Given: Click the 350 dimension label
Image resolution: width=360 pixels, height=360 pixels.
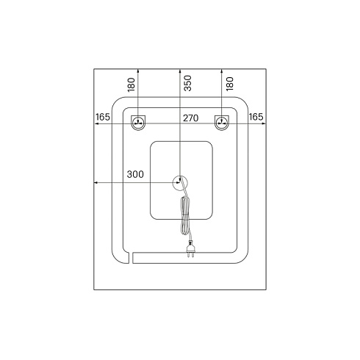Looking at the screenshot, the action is click(x=187, y=83).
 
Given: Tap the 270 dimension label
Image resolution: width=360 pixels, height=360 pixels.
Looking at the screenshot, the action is click(x=191, y=118).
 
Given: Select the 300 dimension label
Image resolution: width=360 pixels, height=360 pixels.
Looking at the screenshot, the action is click(x=135, y=174).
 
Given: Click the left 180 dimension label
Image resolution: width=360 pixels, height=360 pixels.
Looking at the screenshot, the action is click(x=132, y=84).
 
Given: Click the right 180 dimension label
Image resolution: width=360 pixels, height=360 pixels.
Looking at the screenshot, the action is click(x=230, y=84).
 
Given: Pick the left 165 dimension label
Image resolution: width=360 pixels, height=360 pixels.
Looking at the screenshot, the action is click(x=103, y=117).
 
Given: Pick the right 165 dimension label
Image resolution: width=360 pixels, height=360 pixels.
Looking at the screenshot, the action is click(x=256, y=117).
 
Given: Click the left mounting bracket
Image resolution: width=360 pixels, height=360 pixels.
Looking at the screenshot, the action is click(x=138, y=123).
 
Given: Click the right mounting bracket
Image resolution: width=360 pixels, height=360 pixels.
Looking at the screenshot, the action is click(x=222, y=123).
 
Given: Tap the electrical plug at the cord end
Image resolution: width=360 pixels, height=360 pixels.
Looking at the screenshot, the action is click(x=190, y=249).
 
